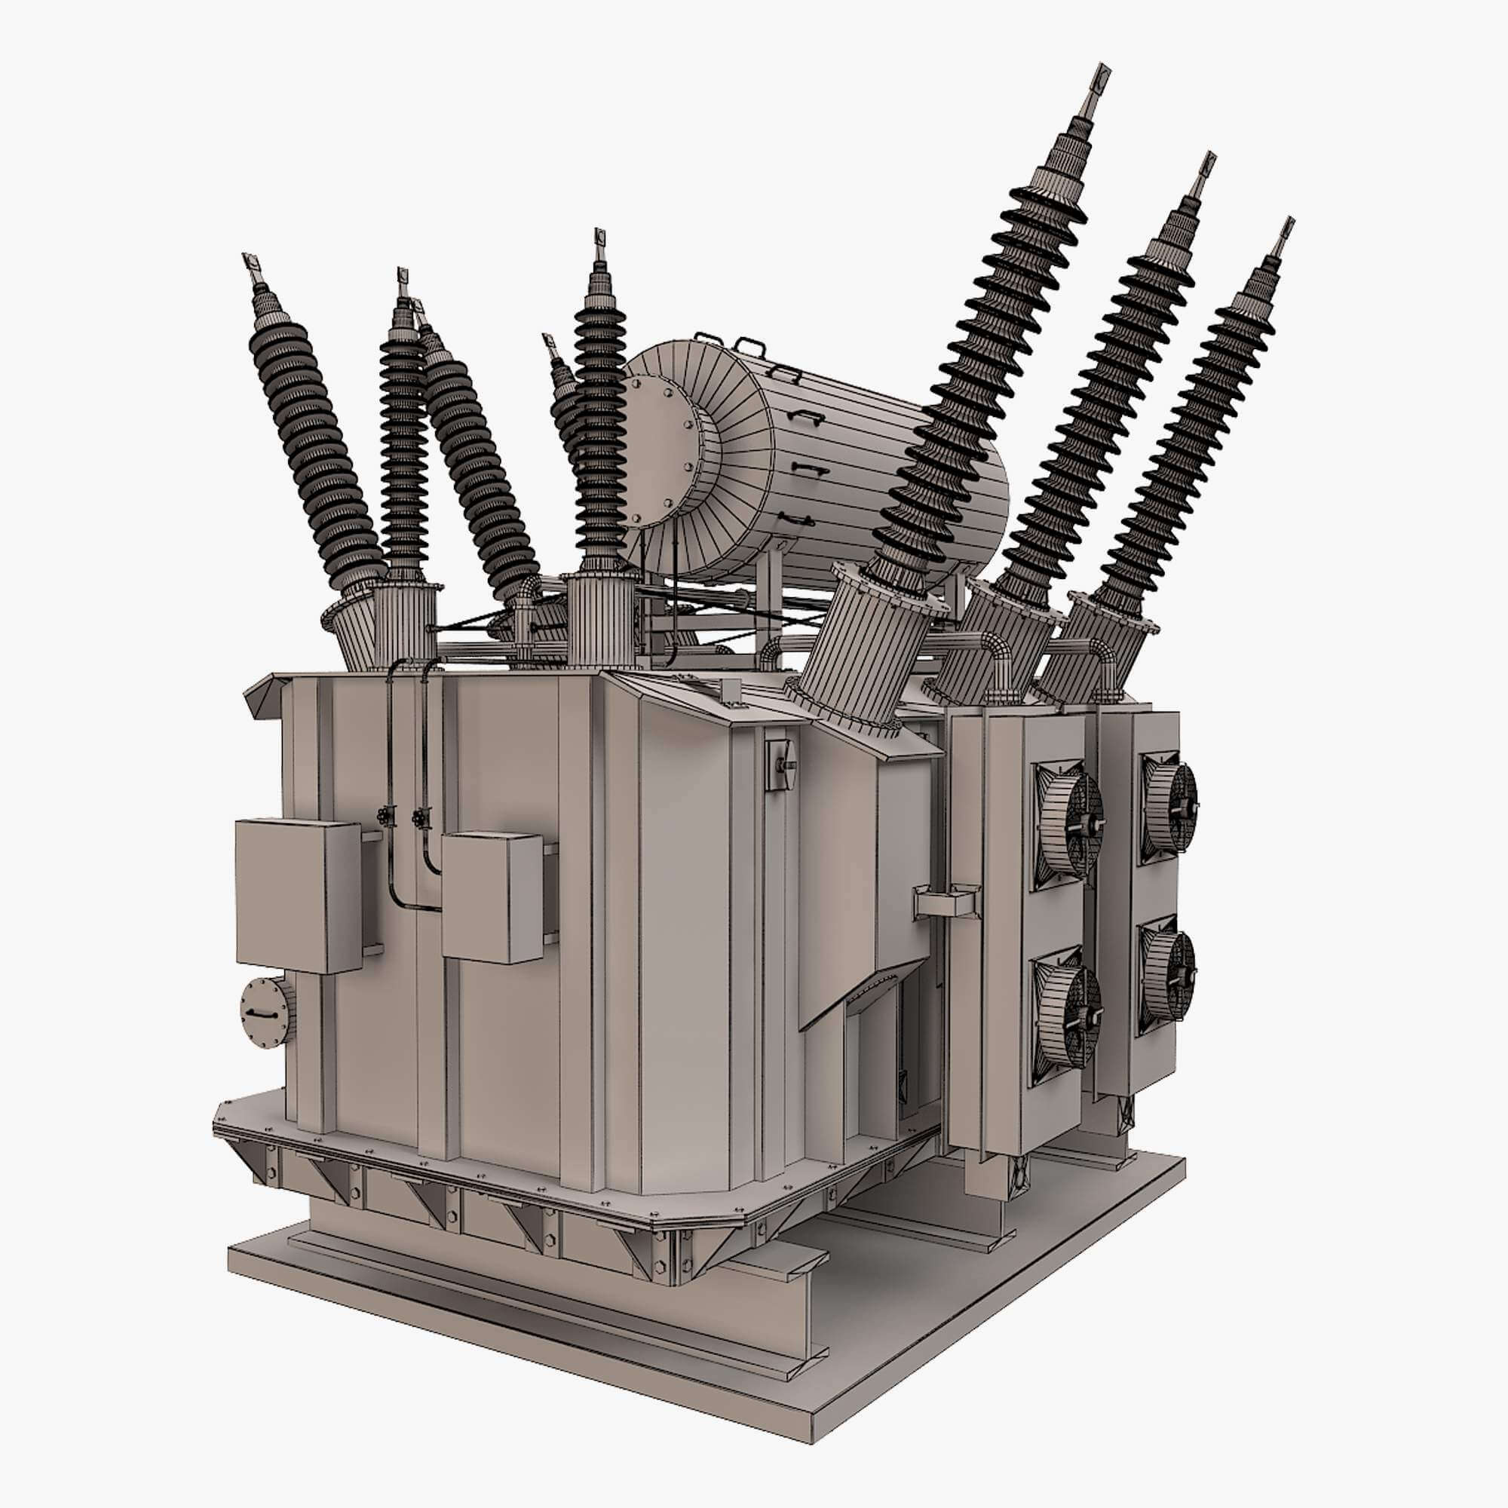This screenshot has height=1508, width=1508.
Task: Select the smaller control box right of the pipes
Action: pyautogui.click(x=491, y=897)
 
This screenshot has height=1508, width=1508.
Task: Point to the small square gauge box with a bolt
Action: pyautogui.click(x=778, y=764)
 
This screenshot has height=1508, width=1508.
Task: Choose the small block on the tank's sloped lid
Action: pyautogui.click(x=731, y=691)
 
